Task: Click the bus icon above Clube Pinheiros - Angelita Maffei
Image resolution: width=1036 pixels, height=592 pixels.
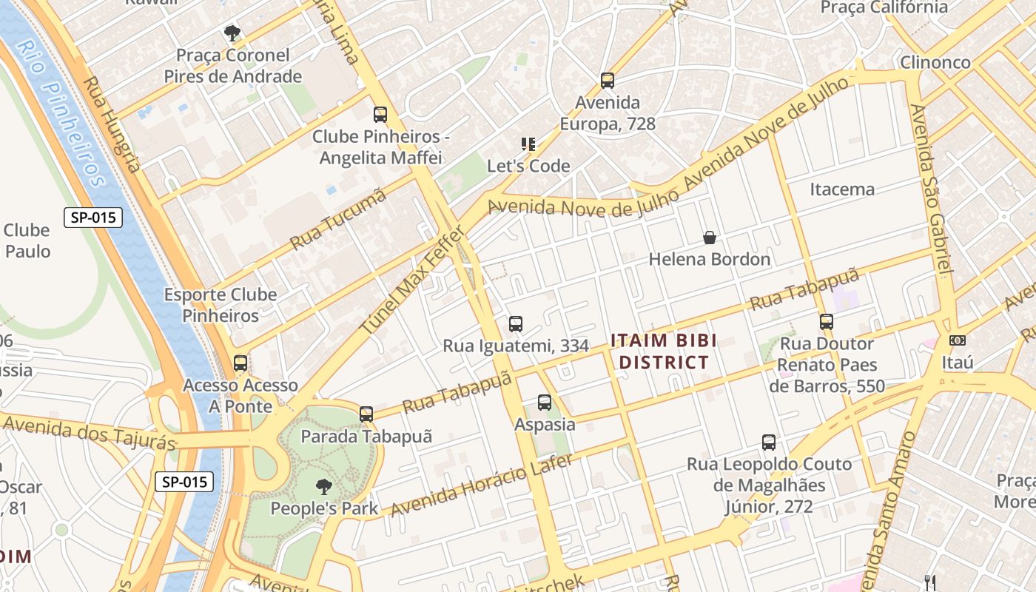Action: [x=380, y=115]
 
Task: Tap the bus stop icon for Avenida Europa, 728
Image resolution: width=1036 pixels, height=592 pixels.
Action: [x=608, y=81]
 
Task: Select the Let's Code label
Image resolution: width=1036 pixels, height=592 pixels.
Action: [x=528, y=166]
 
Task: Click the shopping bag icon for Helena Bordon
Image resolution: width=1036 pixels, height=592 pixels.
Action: [x=710, y=238]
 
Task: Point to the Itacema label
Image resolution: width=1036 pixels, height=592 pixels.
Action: [x=842, y=189]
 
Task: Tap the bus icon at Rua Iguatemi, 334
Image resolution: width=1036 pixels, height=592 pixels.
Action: [x=516, y=324]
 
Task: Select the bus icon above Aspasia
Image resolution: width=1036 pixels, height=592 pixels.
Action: [x=545, y=403]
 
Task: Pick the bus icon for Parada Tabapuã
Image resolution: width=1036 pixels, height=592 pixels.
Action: [x=366, y=414]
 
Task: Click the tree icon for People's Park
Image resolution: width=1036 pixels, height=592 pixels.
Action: [x=323, y=487]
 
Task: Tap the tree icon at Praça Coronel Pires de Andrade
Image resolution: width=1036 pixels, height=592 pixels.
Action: [x=232, y=33]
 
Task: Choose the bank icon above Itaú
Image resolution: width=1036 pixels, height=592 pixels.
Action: [x=958, y=340]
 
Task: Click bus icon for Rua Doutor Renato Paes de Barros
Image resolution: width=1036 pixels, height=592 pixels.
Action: [x=827, y=322]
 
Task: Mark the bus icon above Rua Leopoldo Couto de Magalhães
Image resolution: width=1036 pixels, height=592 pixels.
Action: [x=769, y=443]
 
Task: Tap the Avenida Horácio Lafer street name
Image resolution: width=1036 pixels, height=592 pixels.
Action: [x=481, y=485]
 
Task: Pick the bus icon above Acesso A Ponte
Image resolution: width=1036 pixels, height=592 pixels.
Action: [x=240, y=363]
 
